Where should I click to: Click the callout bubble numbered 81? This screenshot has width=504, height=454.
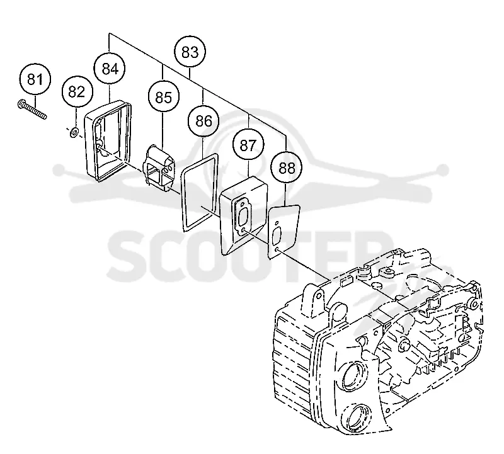tap(35, 79)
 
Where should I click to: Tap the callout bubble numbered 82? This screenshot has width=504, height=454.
tap(76, 92)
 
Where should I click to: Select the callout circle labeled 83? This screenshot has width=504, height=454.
tap(190, 52)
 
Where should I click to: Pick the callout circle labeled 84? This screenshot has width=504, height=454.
tap(110, 69)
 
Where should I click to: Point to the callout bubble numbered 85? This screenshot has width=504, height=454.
tap(164, 97)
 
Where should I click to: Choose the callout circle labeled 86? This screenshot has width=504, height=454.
tap(203, 122)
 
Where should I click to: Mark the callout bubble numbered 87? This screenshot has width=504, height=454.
tap(248, 145)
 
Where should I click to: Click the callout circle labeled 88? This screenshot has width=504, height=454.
tap(287, 167)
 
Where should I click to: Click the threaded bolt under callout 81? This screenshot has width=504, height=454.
tap(32, 110)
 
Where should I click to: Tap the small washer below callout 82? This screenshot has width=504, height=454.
tap(75, 132)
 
